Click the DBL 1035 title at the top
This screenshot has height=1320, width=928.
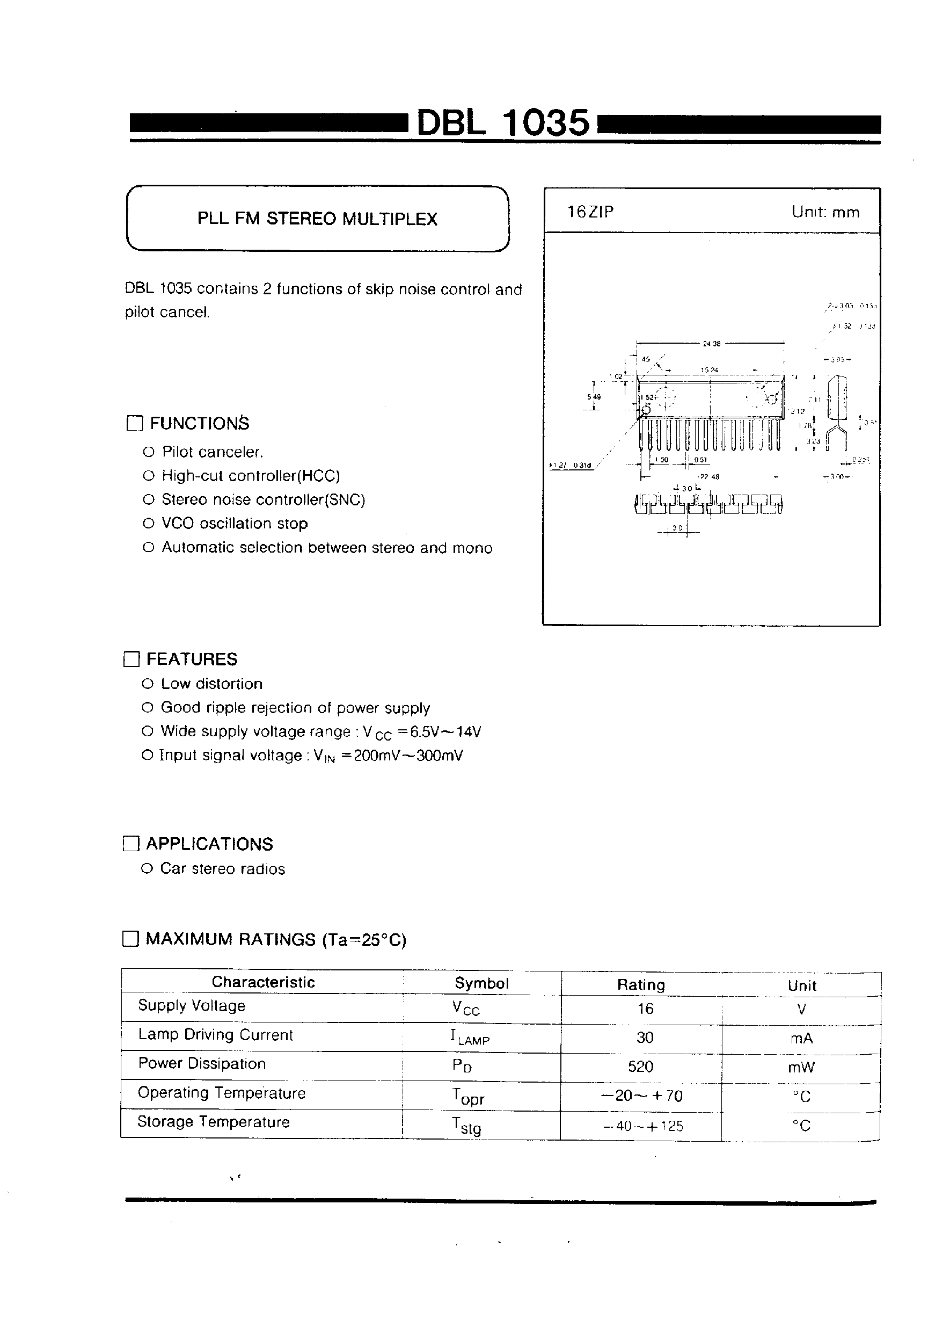click(503, 122)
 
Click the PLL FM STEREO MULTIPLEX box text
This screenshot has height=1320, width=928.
click(317, 219)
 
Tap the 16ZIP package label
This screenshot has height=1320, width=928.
click(590, 212)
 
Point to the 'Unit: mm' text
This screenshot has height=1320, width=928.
click(825, 212)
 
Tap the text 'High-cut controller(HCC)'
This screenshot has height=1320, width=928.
click(251, 476)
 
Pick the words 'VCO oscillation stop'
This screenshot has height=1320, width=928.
click(235, 524)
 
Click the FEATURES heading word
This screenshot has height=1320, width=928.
click(192, 659)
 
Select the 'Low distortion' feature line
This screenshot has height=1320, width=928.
click(211, 684)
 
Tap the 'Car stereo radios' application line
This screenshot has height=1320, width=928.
click(222, 868)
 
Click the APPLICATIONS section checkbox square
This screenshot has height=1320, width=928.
click(131, 844)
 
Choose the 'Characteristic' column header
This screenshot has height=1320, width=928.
click(263, 982)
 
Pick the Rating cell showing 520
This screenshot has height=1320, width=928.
click(640, 1067)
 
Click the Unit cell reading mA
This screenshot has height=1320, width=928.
click(801, 1038)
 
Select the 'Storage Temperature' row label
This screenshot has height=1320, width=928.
click(213, 1122)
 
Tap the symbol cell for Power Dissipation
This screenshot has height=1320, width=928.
click(462, 1066)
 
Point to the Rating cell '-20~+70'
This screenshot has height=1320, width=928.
click(641, 1096)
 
